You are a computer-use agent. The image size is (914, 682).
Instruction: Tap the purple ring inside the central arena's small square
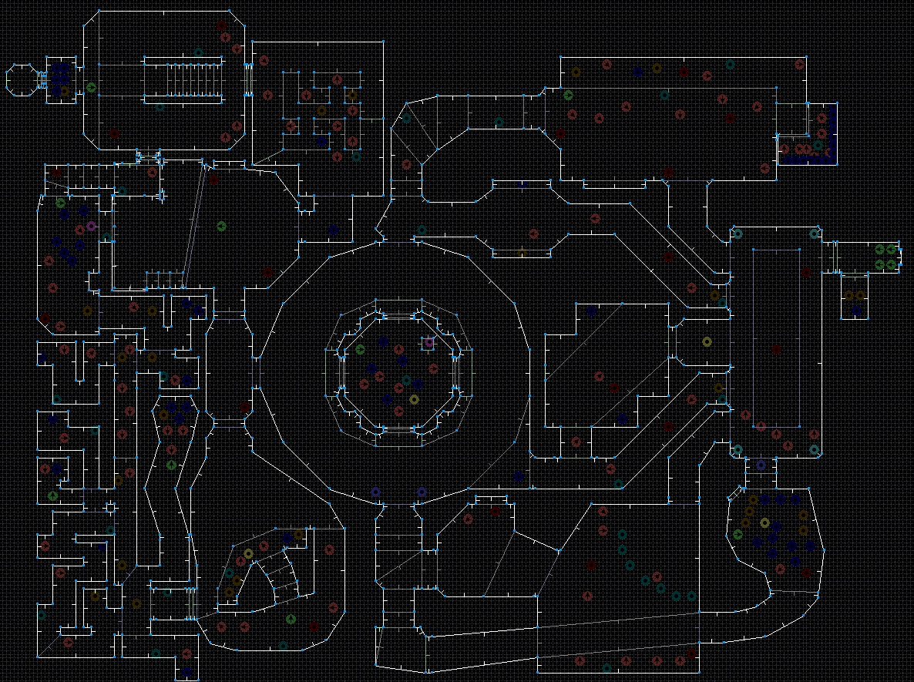pyautogui.click(x=429, y=342)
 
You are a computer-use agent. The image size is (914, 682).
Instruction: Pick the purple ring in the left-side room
pyautogui.click(x=91, y=226)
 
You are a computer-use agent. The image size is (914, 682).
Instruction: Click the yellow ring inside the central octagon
pyautogui.click(x=414, y=399)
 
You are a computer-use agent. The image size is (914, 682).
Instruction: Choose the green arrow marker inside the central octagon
pyautogui.click(x=360, y=350)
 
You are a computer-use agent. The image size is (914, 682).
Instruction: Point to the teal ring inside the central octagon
pyautogui.click(x=407, y=380)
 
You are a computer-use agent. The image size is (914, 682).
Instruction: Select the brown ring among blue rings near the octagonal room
pyautogui.click(x=64, y=91)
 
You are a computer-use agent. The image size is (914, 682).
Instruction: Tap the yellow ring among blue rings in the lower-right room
pyautogui.click(x=764, y=522)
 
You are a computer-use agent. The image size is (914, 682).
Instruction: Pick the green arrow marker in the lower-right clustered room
pyautogui.click(x=738, y=534)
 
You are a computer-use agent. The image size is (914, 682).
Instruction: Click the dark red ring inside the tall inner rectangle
pyautogui.click(x=807, y=272)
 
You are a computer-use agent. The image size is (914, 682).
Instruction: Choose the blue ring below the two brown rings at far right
pyautogui.click(x=857, y=311)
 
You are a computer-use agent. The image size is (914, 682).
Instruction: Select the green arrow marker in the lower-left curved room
pyautogui.click(x=291, y=619)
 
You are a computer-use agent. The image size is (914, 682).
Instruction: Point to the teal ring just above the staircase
pyautogui.click(x=199, y=53)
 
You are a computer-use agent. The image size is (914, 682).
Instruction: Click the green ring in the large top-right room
pyautogui.click(x=568, y=95)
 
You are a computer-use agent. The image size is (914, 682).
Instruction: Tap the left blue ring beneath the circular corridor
pyautogui.click(x=375, y=492)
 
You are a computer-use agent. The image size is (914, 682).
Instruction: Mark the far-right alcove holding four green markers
pyautogui.click(x=885, y=257)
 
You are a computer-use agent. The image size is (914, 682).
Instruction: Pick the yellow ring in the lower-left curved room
pyautogui.click(x=248, y=553)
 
